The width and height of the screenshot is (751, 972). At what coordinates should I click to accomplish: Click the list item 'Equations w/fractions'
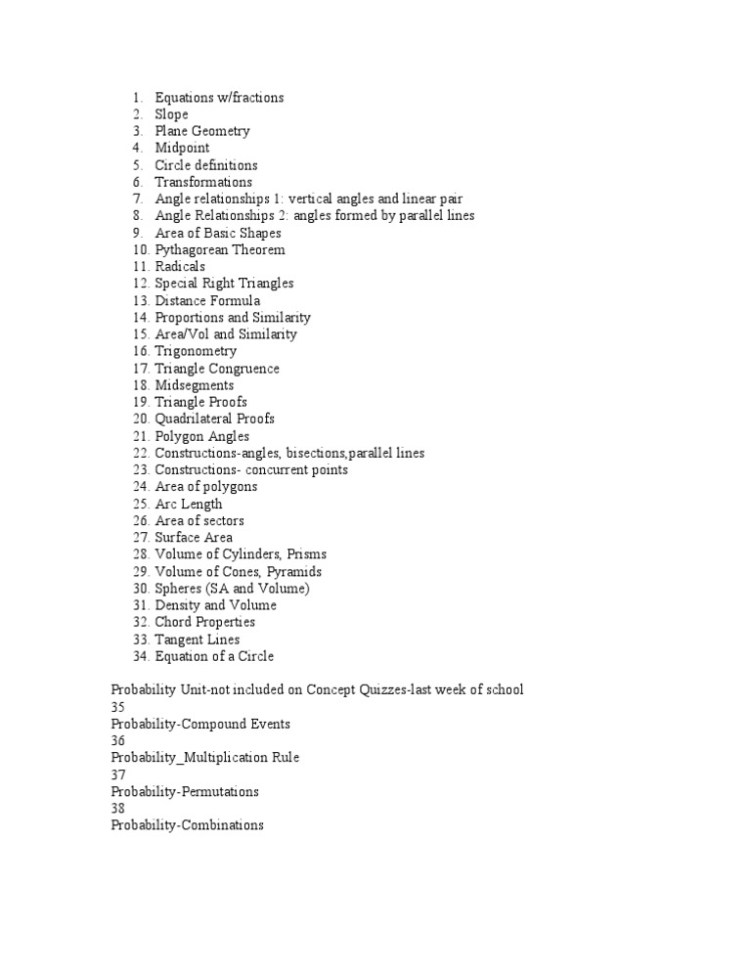pyautogui.click(x=219, y=97)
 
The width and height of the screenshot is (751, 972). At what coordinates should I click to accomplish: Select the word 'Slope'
pyautogui.click(x=171, y=114)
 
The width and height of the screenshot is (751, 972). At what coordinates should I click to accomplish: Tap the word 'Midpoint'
pyautogui.click(x=182, y=148)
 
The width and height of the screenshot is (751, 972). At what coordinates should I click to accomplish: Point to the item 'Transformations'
pyautogui.click(x=203, y=182)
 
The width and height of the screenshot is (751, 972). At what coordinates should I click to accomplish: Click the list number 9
pyautogui.click(x=139, y=233)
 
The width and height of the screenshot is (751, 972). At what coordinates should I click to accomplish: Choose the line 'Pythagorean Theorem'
pyautogui.click(x=220, y=249)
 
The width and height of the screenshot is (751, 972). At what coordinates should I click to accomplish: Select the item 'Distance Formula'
pyautogui.click(x=207, y=300)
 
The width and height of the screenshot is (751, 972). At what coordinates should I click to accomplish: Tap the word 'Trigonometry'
pyautogui.click(x=196, y=351)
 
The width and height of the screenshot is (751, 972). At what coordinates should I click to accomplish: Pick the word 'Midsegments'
pyautogui.click(x=194, y=385)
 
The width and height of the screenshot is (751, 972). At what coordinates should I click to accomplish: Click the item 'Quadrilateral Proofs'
pyautogui.click(x=214, y=419)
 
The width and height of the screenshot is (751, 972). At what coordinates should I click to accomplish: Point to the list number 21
pyautogui.click(x=139, y=436)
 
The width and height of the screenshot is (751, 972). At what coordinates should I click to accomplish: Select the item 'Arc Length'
pyautogui.click(x=189, y=504)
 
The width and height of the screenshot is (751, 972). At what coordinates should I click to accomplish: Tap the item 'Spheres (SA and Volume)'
pyautogui.click(x=233, y=588)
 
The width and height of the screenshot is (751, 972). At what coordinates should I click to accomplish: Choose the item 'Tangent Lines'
pyautogui.click(x=197, y=640)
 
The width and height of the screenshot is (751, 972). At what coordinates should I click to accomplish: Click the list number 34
pyautogui.click(x=139, y=656)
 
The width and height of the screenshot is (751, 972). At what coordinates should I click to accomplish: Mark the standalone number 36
pyautogui.click(x=119, y=740)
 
